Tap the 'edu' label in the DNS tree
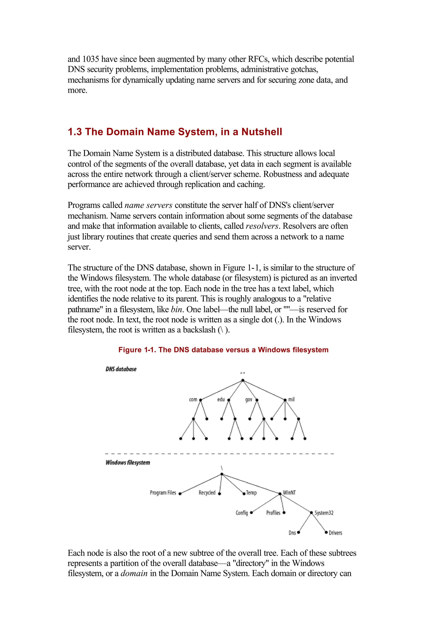click(221, 400)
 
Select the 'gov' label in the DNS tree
click(248, 400)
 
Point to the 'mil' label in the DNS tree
click(291, 399)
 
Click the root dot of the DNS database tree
click(243, 381)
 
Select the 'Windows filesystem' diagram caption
click(128, 463)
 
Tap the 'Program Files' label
click(163, 493)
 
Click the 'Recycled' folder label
click(207, 493)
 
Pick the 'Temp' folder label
click(251, 493)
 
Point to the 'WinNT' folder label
click(289, 493)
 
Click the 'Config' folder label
click(242, 513)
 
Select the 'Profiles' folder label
click(273, 513)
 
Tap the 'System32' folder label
click(324, 513)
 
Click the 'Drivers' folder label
click(335, 533)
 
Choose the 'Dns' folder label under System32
click(292, 533)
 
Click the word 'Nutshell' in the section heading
click(262, 132)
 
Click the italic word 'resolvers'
click(262, 226)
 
